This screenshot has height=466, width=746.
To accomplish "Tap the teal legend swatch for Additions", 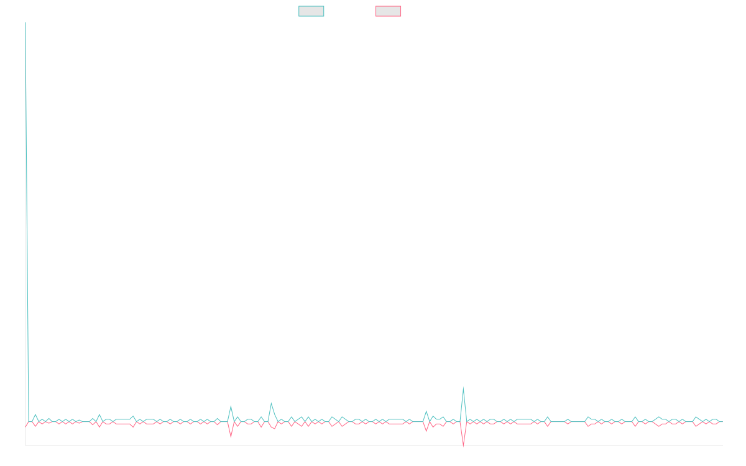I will click(311, 11).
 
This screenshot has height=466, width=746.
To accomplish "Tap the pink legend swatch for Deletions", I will click(389, 11).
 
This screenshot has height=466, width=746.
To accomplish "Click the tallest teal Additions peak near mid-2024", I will click(463, 388).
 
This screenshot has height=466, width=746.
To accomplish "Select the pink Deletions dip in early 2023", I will click(231, 437).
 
